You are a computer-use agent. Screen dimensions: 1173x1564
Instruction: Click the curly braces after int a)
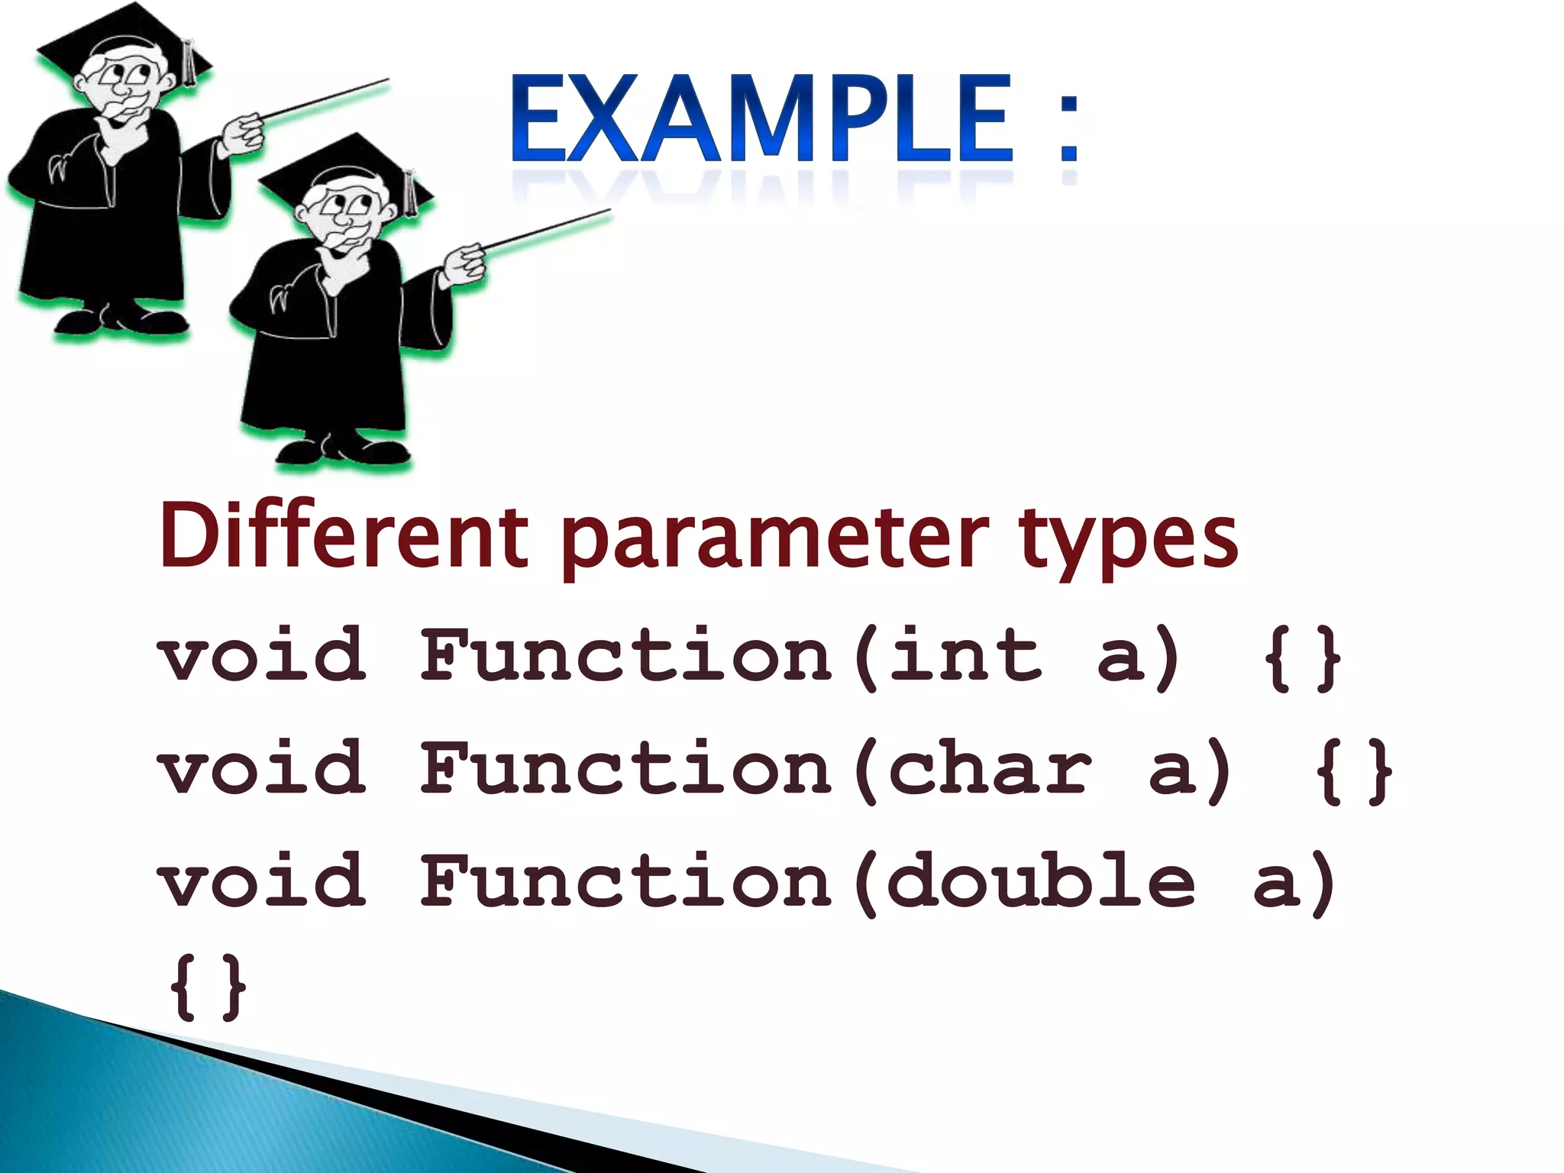tap(1302, 658)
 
